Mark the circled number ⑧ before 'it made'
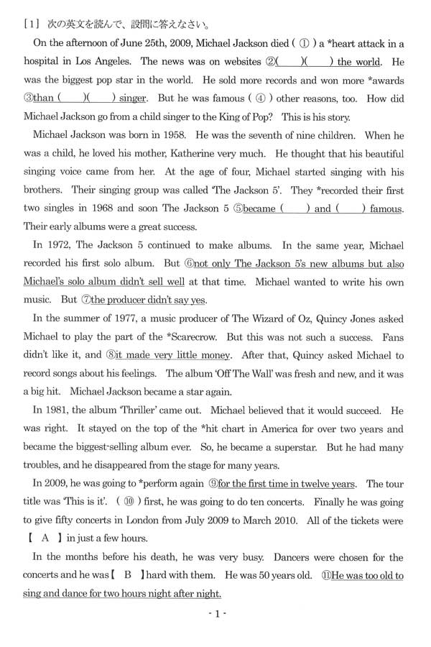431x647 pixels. point(110,355)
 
